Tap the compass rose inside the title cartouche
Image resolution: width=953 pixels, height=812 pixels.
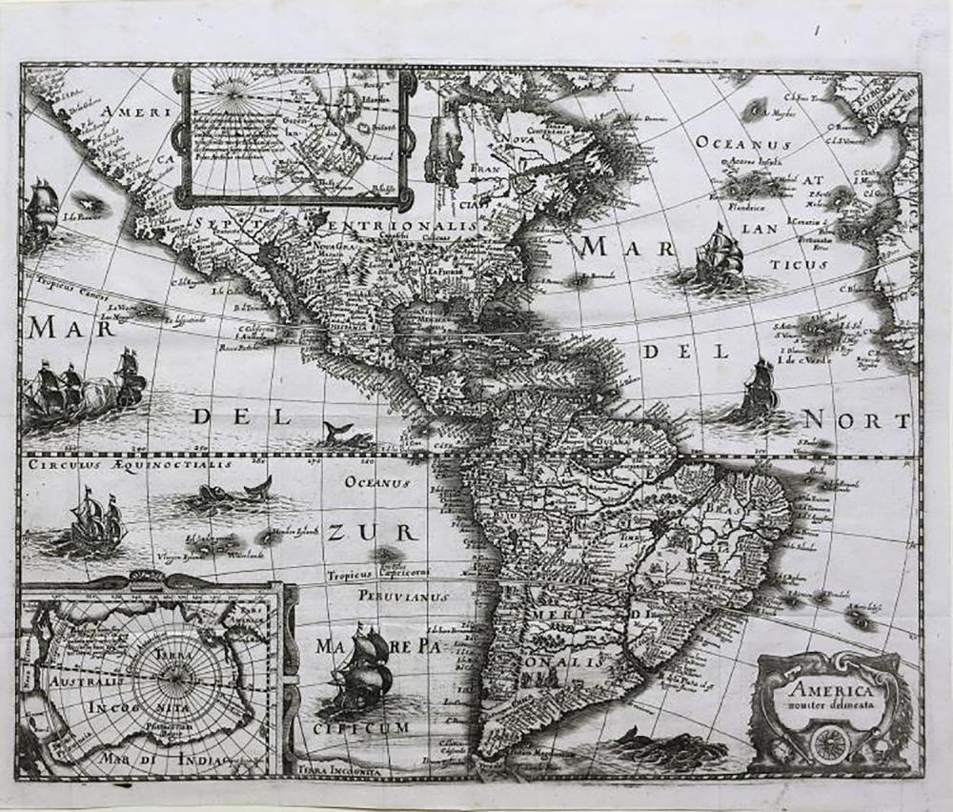(x=826, y=741)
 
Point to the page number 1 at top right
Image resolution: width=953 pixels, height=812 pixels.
(x=817, y=30)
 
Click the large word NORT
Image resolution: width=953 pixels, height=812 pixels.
(x=857, y=420)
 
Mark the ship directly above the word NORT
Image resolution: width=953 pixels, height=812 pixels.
(x=759, y=389)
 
